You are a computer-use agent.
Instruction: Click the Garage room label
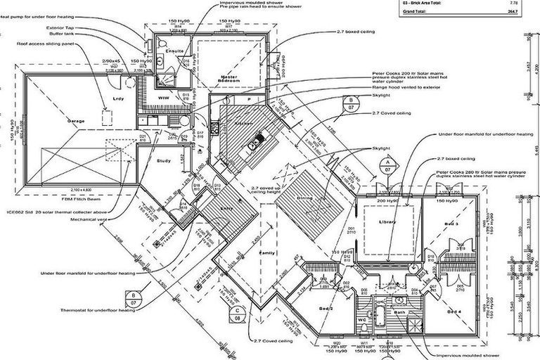point(75,122)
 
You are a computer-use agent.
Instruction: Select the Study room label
point(163,161)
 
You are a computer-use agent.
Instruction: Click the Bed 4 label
point(454,311)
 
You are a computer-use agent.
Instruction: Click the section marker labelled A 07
point(387,166)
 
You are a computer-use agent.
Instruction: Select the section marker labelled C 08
point(238,313)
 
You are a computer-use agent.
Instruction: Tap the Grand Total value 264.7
point(520,12)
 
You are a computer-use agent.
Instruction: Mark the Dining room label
point(304,198)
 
